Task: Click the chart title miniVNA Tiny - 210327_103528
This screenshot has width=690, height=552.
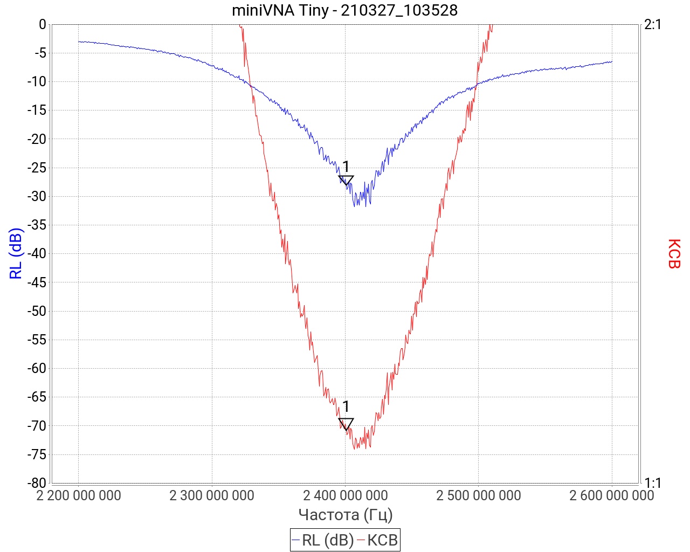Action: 344,10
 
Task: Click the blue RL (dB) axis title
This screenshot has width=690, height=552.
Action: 16,253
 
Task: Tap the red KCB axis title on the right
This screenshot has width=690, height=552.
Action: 673,253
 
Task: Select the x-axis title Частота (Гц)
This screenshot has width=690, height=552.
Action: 345,515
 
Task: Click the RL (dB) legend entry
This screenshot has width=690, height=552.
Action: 322,540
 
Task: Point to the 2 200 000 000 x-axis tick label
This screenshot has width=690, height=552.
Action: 79,495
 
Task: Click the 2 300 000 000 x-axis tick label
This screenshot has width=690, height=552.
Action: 212,495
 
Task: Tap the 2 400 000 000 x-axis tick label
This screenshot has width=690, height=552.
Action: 346,495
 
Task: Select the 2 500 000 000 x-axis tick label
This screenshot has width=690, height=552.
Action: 479,495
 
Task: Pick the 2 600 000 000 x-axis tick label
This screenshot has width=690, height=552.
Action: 611,495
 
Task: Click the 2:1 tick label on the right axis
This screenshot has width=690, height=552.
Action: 653,25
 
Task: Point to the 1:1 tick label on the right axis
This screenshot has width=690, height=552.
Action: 653,483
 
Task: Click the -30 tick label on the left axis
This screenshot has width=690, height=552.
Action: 37,197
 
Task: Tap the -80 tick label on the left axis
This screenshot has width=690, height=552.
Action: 37,483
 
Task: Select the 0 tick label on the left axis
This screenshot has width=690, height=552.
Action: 43,25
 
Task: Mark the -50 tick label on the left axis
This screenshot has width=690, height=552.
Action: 37,311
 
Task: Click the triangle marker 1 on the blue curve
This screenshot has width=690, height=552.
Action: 346,181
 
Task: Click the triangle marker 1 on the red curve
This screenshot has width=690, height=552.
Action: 346,424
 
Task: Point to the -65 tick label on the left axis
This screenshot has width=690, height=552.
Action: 37,397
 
